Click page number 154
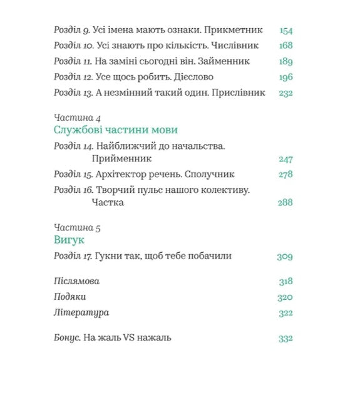coord(285,30)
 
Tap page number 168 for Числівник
coord(285,46)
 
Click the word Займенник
coord(224,61)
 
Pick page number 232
coord(285,93)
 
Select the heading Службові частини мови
coord(116,130)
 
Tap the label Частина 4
coord(78,118)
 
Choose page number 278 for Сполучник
coord(285,175)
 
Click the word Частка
coord(108,202)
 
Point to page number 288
coord(285,202)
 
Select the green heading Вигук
coord(69,240)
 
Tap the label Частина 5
coord(78,228)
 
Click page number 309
coord(285,256)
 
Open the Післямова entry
coord(77,281)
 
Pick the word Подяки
coord(70,297)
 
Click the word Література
coord(82,312)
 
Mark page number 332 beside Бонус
coord(285,338)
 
